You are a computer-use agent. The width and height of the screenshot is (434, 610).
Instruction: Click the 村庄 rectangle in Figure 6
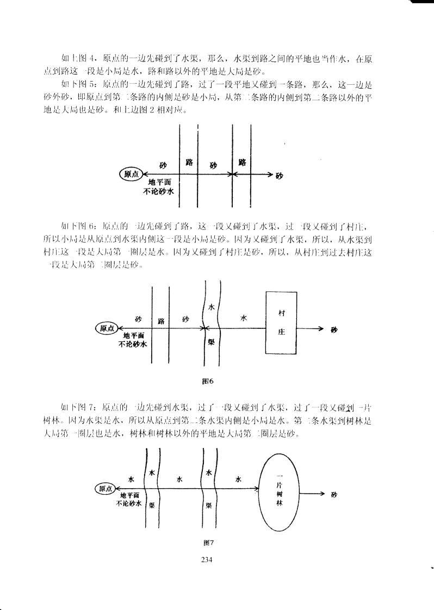coord(281,322)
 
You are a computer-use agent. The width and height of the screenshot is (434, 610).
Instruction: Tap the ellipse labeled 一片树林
coord(278,489)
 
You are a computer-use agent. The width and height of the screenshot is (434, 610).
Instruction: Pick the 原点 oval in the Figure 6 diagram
coord(107,328)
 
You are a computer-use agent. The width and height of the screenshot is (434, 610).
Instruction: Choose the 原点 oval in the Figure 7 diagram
coord(105,489)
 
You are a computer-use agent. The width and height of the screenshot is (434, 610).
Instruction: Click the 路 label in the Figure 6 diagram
coord(161,321)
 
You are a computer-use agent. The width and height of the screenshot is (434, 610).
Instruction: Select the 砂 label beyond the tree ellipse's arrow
coord(334,495)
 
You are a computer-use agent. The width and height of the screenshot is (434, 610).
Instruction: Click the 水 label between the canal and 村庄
coord(243,319)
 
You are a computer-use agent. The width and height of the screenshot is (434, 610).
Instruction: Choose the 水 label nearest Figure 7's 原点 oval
coord(131,479)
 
